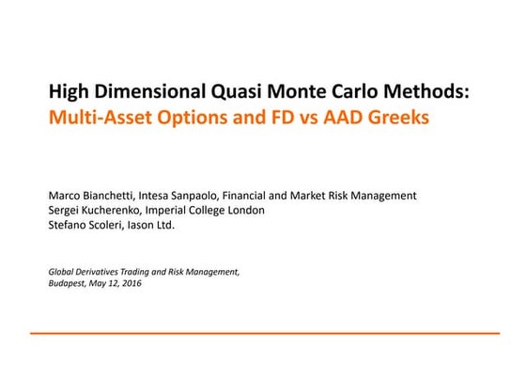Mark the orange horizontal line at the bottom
(x=263, y=332)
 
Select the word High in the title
(x=68, y=93)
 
